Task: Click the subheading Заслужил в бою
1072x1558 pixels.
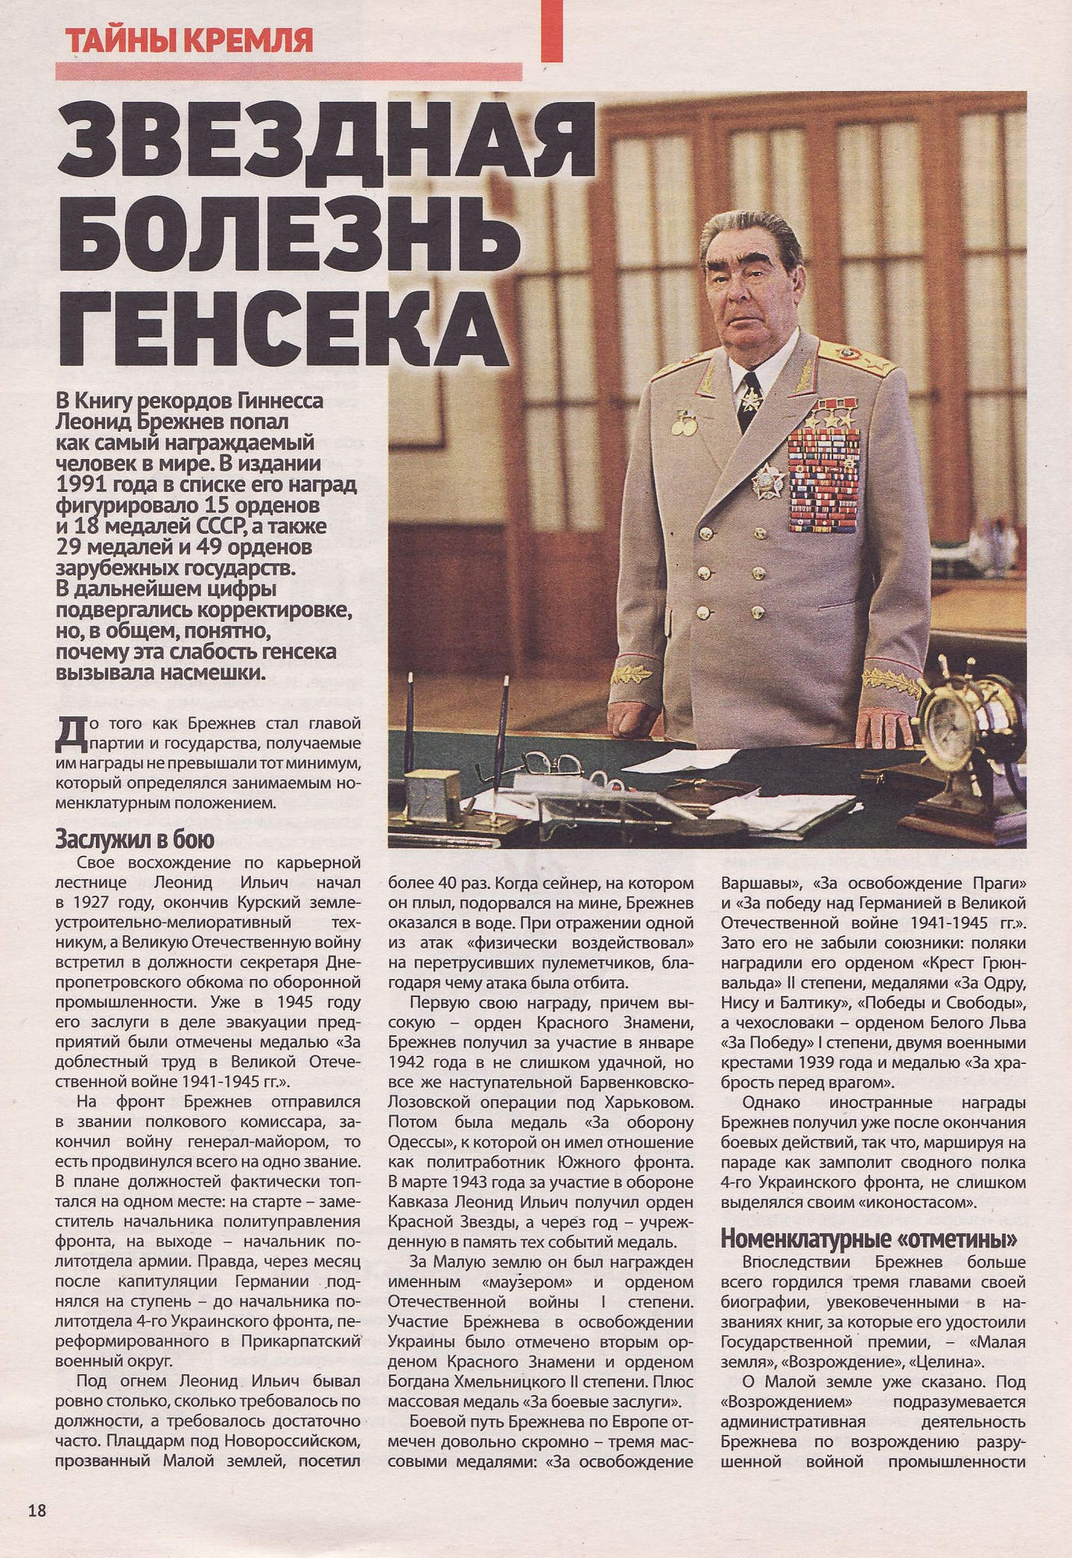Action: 134,839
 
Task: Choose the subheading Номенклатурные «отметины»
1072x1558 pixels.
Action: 869,1238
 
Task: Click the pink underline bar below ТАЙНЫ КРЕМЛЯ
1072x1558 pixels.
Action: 288,72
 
